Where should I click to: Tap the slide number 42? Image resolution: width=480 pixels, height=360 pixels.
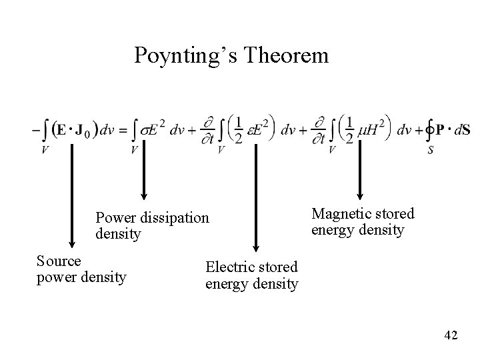(451, 335)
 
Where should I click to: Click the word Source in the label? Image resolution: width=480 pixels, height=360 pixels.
(59, 261)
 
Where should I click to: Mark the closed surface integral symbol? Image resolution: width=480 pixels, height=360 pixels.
(430, 130)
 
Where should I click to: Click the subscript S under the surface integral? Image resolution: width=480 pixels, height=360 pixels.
(431, 150)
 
